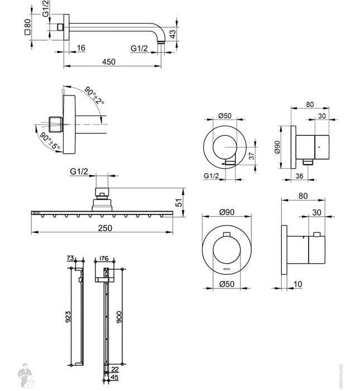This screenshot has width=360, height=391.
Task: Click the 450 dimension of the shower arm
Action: pyautogui.click(x=109, y=61)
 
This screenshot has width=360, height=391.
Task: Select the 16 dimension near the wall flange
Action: pyautogui.click(x=80, y=49)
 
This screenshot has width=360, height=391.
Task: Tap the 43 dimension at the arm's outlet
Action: pyautogui.click(x=173, y=33)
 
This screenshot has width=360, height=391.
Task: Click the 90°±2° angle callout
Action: pyautogui.click(x=95, y=94)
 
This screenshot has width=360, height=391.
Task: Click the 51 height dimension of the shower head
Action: pyautogui.click(x=179, y=203)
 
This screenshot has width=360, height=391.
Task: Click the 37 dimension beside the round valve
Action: pyautogui.click(x=251, y=156)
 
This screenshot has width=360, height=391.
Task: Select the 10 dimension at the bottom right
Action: pyautogui.click(x=297, y=285)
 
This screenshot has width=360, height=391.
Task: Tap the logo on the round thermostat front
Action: pyautogui.click(x=226, y=269)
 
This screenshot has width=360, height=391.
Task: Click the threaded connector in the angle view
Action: pyautogui.click(x=54, y=122)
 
